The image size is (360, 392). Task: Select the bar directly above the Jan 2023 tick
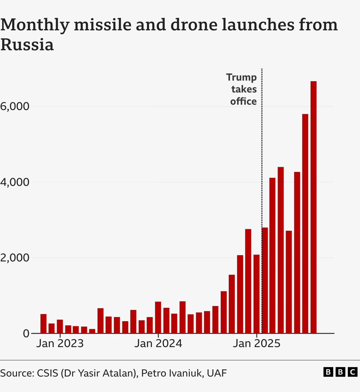tap(60, 326)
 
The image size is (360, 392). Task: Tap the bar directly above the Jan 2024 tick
tap(158, 317)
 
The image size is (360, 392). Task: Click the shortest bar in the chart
tap(92, 331)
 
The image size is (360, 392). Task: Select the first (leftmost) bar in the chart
tap(43, 324)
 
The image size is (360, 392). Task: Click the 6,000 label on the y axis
tap(15, 106)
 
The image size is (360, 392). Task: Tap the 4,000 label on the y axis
tap(15, 182)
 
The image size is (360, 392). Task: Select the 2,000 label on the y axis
tap(15, 258)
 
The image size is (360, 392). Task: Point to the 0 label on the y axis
tap(26, 333)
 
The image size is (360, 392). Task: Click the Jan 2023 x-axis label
tap(60, 344)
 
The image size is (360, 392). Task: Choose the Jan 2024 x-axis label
tap(158, 344)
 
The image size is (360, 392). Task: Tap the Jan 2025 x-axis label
tap(256, 344)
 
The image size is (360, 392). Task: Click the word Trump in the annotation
tap(241, 77)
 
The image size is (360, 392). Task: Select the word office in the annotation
tap(243, 101)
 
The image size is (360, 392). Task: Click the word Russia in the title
tap(27, 45)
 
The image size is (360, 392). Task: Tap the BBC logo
tap(340, 372)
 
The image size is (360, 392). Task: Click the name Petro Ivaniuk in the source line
tap(171, 373)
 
